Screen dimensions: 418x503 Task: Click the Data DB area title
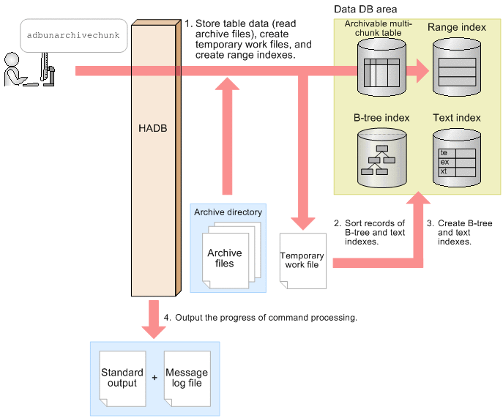[x=365, y=10]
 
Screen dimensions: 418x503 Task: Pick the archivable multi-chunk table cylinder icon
[x=378, y=67]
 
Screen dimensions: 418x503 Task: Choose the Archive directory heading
[x=228, y=212]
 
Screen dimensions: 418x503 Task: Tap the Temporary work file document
[x=302, y=259]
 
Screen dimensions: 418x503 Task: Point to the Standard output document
[x=122, y=378]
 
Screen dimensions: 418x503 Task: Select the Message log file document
[x=186, y=378]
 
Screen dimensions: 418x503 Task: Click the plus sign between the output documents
[x=154, y=378]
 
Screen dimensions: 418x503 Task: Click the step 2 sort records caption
[x=374, y=231]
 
